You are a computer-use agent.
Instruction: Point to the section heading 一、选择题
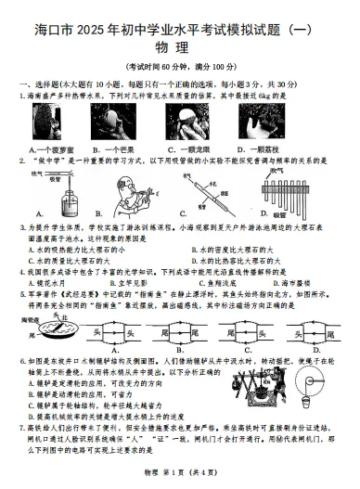pyautogui.click(x=37, y=84)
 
